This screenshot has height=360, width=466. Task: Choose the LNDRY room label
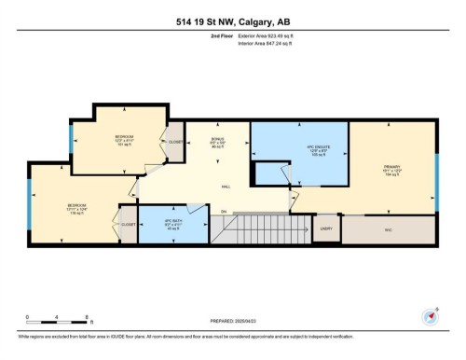point(326,228)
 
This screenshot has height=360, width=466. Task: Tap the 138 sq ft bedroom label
point(76,207)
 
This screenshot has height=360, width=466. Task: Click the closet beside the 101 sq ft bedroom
point(175,142)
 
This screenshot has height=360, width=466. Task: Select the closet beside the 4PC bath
point(129,224)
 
